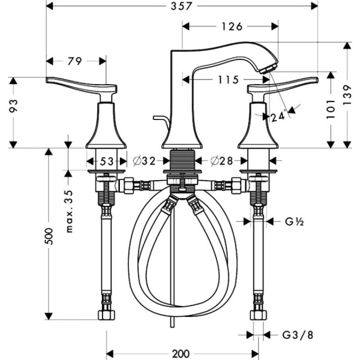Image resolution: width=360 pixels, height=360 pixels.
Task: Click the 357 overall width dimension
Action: (x=181, y=6)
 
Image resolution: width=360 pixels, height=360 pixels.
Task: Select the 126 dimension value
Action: (x=232, y=26)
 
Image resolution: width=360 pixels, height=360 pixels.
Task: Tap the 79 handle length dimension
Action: (x=75, y=61)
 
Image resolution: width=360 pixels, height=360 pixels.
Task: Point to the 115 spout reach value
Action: (x=228, y=80)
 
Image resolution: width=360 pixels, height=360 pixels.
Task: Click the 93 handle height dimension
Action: (x=13, y=106)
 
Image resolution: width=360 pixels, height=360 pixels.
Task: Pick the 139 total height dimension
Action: (x=347, y=95)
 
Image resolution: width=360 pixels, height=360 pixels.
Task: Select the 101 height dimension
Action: (x=331, y=109)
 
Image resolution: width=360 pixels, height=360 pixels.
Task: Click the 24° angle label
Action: (x=279, y=116)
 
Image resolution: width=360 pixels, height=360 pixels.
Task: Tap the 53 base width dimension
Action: (x=107, y=161)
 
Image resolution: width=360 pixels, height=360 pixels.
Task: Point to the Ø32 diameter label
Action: (x=144, y=161)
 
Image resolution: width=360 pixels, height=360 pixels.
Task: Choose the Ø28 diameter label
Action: (x=221, y=161)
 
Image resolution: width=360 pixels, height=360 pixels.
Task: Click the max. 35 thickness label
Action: (x=69, y=211)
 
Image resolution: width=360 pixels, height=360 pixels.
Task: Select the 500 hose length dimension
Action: (x=49, y=236)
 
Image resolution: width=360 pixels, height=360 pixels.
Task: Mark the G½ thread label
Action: (x=295, y=222)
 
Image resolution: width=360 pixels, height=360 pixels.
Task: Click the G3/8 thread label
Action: (x=298, y=335)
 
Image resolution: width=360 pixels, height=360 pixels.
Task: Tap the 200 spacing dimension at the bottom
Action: (x=181, y=354)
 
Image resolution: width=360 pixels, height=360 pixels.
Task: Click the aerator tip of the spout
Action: (x=268, y=69)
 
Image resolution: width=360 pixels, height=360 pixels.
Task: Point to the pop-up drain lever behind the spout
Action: (x=162, y=120)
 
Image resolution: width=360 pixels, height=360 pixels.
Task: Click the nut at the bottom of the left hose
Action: (x=107, y=315)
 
